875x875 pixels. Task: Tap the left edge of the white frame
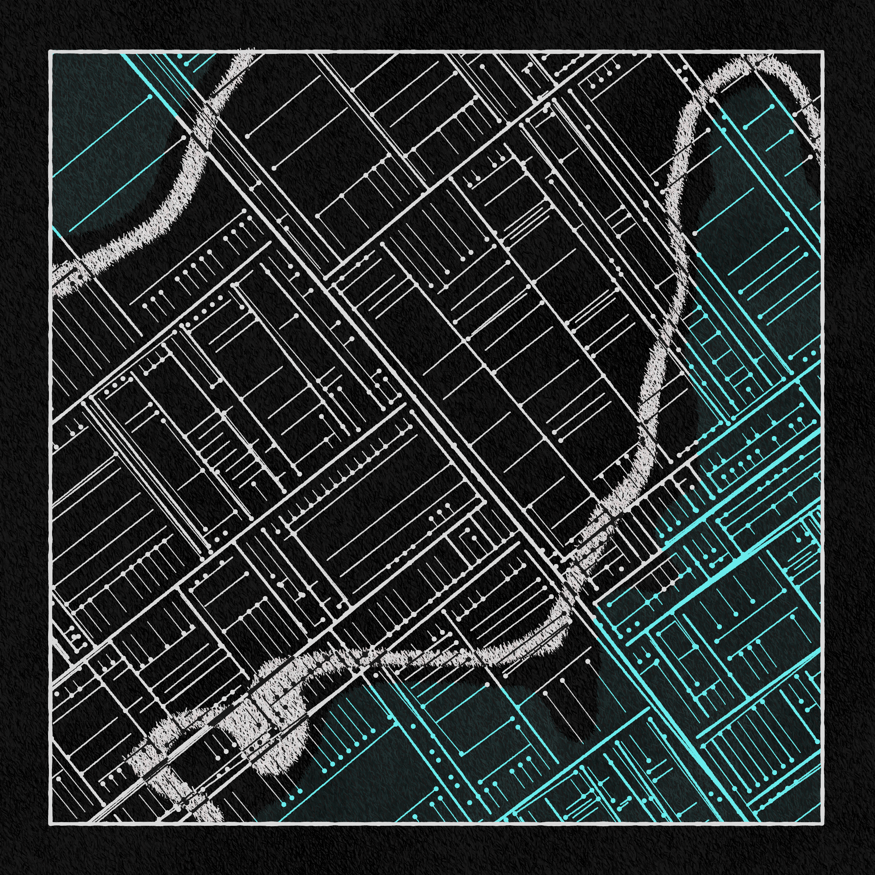[50, 435]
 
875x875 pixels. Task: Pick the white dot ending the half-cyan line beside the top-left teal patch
[183, 137]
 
